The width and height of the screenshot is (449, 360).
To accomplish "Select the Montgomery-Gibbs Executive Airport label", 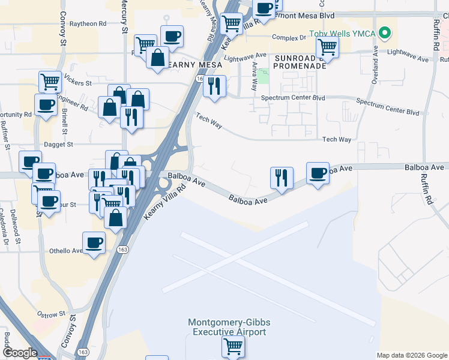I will (227, 327).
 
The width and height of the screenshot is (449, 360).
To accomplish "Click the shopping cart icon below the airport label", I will (232, 346).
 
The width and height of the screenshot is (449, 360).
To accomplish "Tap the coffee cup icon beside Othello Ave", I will (93, 242).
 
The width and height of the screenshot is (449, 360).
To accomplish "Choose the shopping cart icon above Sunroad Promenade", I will (327, 46).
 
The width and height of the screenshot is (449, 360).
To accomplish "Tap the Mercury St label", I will (125, 20).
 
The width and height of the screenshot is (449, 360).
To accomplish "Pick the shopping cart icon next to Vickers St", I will (50, 81).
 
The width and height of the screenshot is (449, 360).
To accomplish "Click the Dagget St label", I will (58, 145).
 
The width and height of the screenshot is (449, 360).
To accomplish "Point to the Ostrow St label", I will (50, 314).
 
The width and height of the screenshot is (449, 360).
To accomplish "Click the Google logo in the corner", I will (19, 353).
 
